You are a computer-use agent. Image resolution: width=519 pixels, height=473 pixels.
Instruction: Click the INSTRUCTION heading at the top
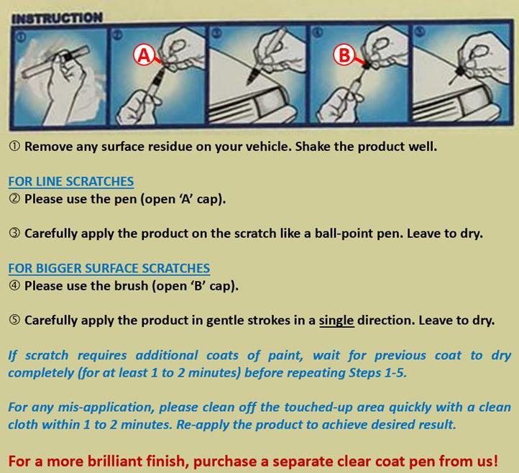[x=56, y=16]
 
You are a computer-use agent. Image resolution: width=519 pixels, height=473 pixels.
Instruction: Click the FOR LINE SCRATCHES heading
[x=70, y=181]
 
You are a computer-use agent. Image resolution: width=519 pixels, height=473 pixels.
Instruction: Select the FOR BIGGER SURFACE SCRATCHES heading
[x=109, y=268]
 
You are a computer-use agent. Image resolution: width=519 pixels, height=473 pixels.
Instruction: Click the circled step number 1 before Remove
[x=14, y=147]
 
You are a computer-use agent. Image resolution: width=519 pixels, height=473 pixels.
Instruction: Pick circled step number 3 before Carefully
[x=14, y=234]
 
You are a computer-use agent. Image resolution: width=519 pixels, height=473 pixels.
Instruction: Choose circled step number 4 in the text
[x=14, y=285]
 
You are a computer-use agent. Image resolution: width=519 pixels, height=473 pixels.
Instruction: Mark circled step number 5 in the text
[x=14, y=321]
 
